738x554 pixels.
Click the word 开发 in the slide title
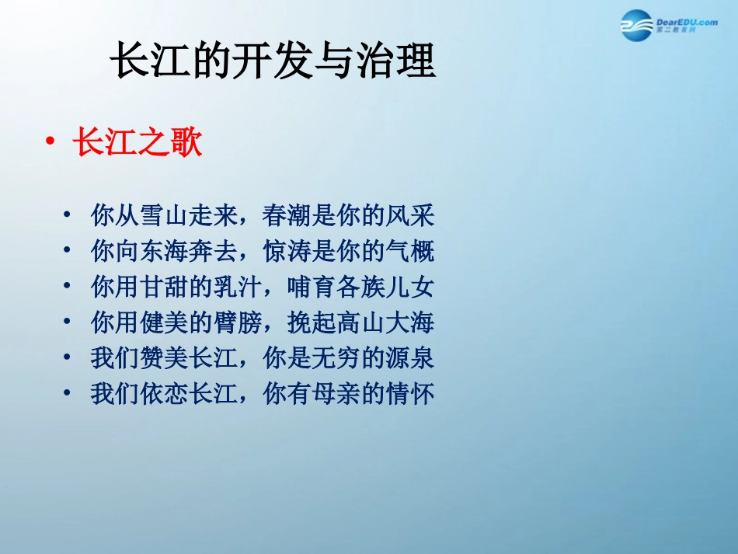(x=272, y=60)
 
